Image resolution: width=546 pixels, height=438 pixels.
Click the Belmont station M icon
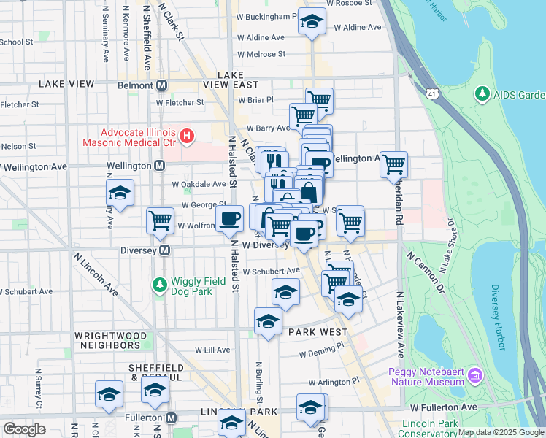click(x=162, y=85)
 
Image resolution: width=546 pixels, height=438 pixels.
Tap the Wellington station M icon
click(x=159, y=166)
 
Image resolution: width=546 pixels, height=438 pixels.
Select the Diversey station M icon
click(x=165, y=250)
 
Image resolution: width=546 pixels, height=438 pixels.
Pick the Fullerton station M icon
click(x=172, y=418)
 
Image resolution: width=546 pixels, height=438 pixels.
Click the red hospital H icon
click(x=187, y=135)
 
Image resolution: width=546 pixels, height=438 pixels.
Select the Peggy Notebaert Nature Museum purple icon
click(x=476, y=375)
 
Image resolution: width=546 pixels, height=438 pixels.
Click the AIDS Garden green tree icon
click(x=482, y=94)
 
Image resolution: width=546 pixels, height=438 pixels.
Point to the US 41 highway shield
click(x=434, y=94)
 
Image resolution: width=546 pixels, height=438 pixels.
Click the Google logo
click(x=24, y=429)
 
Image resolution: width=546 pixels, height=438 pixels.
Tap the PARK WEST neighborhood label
click(x=318, y=332)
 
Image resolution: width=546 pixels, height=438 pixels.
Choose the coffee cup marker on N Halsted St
click(x=230, y=218)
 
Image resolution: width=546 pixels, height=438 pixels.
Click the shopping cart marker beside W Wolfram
click(x=160, y=220)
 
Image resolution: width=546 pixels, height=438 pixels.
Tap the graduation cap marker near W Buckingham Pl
click(x=312, y=22)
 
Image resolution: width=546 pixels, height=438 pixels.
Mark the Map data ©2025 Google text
click(x=500, y=431)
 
